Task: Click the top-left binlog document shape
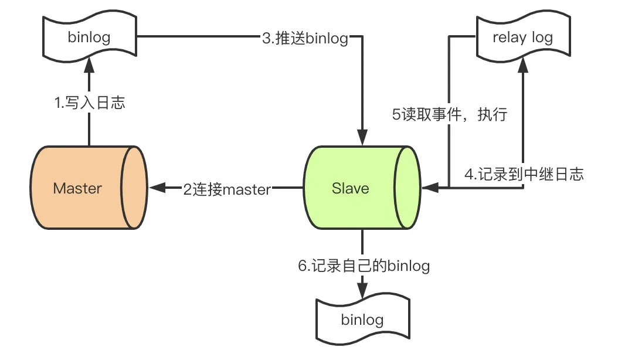coord(89,38)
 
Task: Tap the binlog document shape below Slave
coord(362,320)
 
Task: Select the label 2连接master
coord(227,189)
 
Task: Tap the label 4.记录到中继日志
coord(524,174)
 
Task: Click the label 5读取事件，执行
coord(450,114)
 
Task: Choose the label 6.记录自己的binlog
coord(364,266)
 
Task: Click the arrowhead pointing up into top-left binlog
coord(89,64)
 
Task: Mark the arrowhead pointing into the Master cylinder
coord(157,188)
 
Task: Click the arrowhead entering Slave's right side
coord(429,188)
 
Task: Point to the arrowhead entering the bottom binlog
coord(362,291)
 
